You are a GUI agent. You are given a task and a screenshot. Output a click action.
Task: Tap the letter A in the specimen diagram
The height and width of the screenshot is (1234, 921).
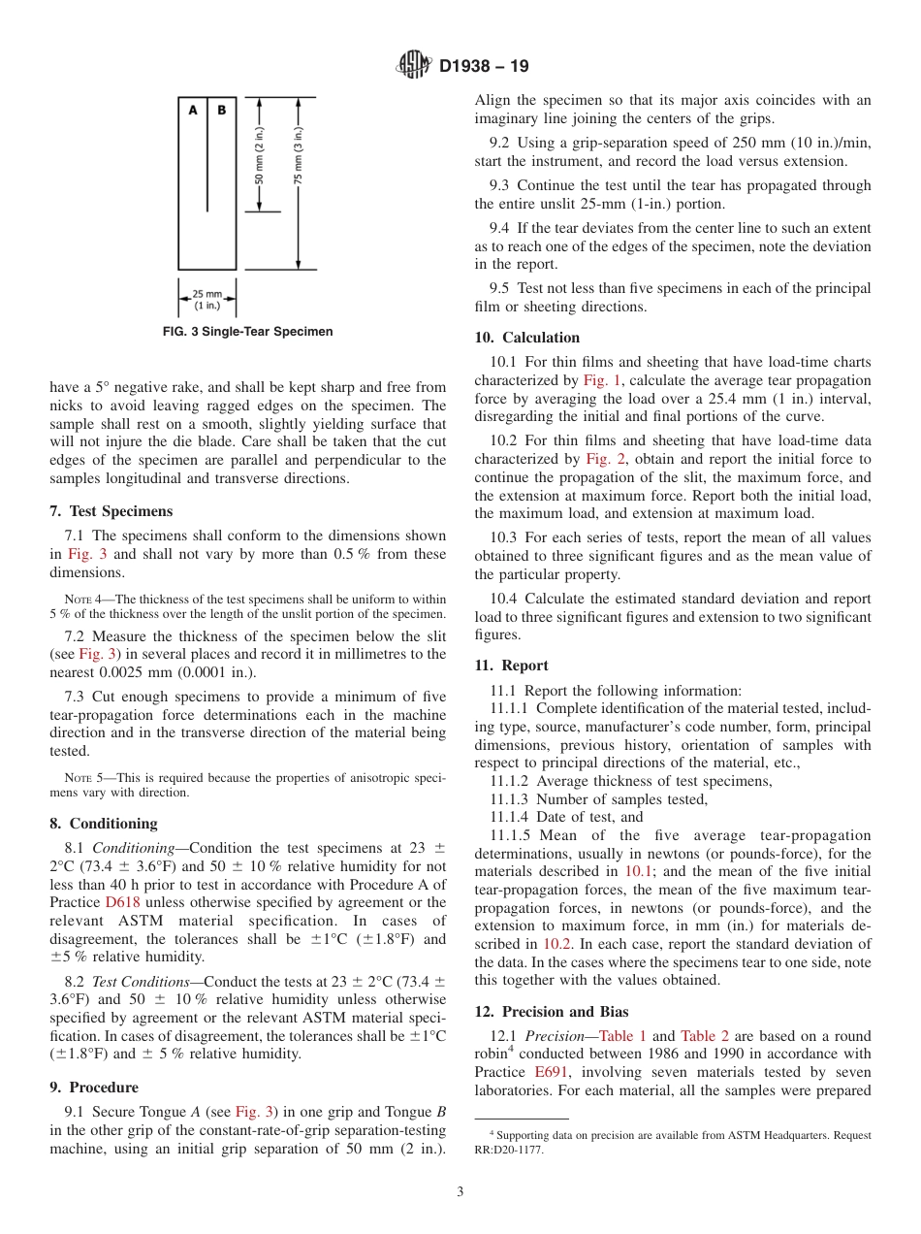193,111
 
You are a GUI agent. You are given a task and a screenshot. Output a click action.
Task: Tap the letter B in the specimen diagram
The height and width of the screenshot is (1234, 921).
221,111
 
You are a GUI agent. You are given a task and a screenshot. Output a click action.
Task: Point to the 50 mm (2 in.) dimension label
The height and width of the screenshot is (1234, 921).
259,155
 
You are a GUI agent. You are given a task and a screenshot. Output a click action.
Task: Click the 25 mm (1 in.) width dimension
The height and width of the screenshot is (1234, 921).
206,300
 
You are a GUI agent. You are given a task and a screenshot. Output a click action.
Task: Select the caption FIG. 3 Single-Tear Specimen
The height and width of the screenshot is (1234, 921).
247,332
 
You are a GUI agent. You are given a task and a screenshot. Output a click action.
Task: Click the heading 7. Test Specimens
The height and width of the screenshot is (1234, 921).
111,511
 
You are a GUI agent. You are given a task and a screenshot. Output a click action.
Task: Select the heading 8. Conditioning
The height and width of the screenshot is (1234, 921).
103,824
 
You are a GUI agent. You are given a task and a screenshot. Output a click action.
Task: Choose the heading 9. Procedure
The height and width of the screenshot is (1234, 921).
94,1088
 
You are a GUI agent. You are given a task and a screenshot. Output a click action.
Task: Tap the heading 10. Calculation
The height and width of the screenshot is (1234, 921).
526,338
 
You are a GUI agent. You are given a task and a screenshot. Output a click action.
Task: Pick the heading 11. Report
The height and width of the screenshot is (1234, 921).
511,666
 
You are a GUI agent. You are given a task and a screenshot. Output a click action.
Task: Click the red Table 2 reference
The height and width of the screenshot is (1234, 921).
705,1036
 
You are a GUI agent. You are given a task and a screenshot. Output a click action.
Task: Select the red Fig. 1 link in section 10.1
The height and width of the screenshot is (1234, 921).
602,380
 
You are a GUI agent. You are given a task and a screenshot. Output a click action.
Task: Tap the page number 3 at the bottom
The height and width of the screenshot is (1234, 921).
460,1191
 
